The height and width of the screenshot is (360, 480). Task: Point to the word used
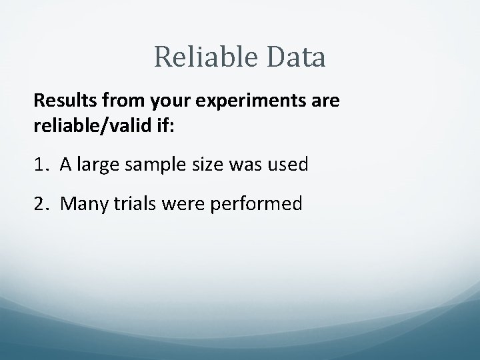(x=288, y=165)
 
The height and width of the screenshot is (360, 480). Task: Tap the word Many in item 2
(x=81, y=204)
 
